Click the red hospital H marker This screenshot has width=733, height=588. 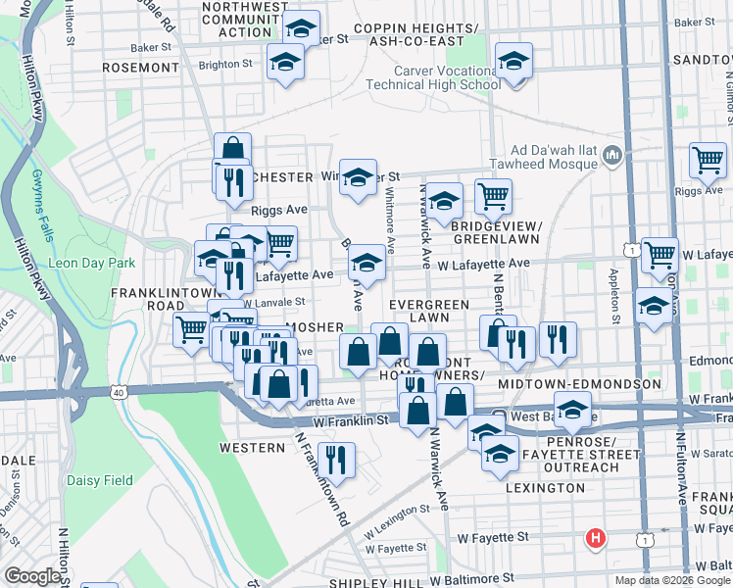(595, 538)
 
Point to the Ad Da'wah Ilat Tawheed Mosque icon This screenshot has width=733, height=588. (612, 155)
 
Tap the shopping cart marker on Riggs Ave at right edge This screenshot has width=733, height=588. (708, 160)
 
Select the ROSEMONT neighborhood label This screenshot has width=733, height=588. (138, 67)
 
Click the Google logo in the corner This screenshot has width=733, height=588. (32, 576)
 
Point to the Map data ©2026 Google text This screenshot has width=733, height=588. (673, 580)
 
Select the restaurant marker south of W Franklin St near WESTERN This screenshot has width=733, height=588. (336, 460)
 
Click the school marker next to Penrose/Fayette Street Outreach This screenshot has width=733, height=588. (500, 454)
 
